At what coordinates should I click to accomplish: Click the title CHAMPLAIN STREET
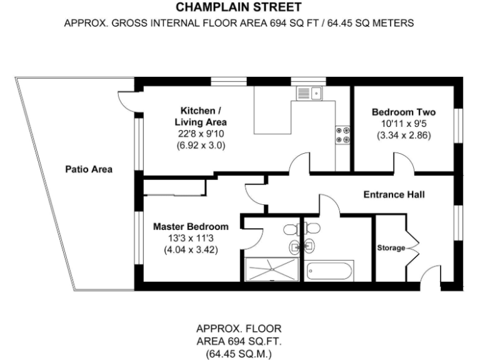pyautogui.click(x=239, y=7)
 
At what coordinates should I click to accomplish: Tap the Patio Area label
pyautogui.click(x=89, y=169)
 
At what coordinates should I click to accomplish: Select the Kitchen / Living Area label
pyautogui.click(x=200, y=117)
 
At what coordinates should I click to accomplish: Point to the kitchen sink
pyautogui.click(x=307, y=94)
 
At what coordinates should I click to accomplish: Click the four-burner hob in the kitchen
pyautogui.click(x=342, y=136)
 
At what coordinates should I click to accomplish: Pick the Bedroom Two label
pyautogui.click(x=403, y=112)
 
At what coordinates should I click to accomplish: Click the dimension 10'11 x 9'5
pyautogui.click(x=403, y=124)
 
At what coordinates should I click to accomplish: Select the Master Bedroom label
pyautogui.click(x=191, y=226)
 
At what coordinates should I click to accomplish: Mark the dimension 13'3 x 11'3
pyautogui.click(x=191, y=238)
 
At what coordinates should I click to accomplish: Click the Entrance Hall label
pyautogui.click(x=394, y=195)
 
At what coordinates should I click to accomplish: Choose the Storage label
pyautogui.click(x=391, y=248)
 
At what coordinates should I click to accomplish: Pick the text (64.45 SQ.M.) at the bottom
pyautogui.click(x=239, y=352)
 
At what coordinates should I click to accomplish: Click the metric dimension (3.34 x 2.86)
pyautogui.click(x=403, y=135)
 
